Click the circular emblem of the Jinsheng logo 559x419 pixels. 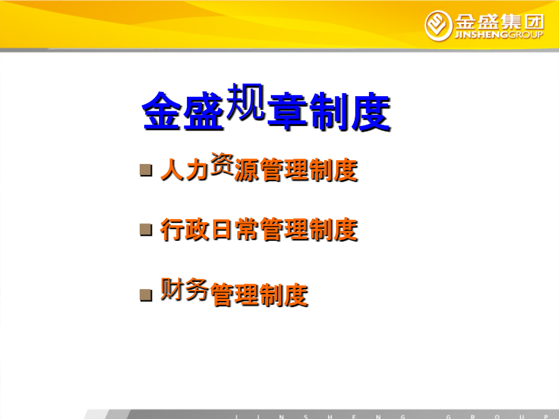[439, 25]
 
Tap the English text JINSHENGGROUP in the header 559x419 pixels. [499, 35]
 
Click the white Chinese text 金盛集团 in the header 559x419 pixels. [499, 22]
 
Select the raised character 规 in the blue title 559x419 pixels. [245, 101]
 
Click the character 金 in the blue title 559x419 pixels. [162, 111]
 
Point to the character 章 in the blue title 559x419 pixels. [288, 111]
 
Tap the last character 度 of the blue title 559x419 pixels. [371, 111]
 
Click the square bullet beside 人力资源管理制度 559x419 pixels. [146, 170]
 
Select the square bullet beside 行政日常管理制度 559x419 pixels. [146, 230]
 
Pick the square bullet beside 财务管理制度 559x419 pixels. [146, 295]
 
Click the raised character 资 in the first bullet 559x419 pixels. [222, 163]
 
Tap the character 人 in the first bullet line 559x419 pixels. [173, 170]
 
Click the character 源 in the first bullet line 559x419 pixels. [247, 170]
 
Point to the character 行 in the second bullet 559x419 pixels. [173, 230]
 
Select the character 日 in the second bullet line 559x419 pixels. [222, 230]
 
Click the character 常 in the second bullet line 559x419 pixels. [247, 230]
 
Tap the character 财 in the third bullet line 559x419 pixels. [172, 289]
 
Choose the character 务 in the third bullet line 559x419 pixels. [197, 289]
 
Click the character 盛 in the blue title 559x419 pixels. [204, 111]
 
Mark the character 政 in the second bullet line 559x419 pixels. [197, 230]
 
